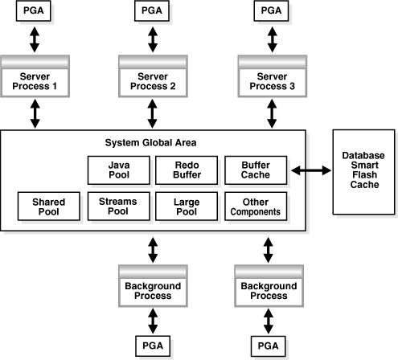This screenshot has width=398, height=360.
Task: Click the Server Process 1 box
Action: coord(35,80)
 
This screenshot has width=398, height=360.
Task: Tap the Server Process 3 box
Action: coord(271,80)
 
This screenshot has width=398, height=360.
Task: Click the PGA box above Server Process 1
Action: coord(35,12)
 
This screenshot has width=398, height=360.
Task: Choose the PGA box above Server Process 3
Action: coord(271,12)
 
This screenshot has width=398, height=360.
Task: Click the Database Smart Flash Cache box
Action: coord(363,170)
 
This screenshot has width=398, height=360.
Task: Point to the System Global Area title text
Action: coord(150,143)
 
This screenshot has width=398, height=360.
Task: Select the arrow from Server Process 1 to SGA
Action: coord(35,113)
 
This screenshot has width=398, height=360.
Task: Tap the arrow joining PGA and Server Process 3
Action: coord(271,39)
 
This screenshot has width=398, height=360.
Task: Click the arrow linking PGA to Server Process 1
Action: coord(35,39)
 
